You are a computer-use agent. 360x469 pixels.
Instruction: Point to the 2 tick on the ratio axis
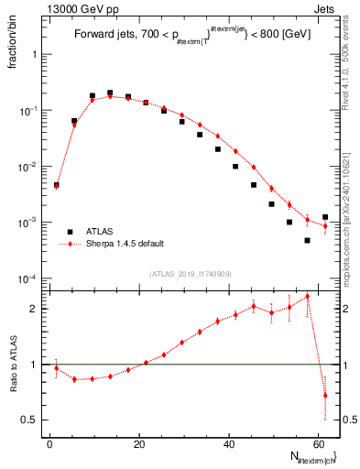click(33, 309)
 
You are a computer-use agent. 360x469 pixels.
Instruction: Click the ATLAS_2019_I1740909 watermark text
click(190, 275)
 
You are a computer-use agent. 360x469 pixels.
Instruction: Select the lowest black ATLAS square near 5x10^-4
click(308, 240)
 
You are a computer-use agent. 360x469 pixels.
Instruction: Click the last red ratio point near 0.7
click(325, 395)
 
